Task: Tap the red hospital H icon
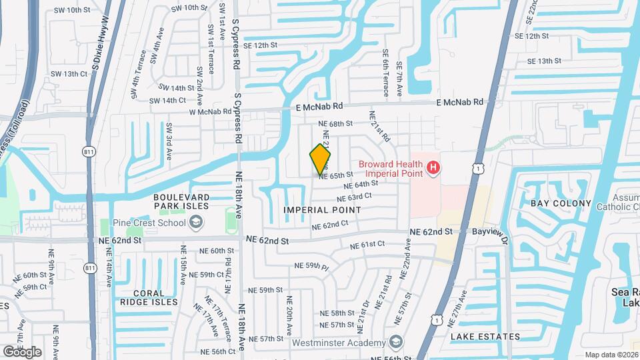coord(433,167)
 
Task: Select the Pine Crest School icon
coord(196,223)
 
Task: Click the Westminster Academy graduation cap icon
coord(397,341)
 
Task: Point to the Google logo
coord(22,351)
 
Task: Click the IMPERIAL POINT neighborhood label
coord(322,210)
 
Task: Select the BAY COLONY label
coord(561,203)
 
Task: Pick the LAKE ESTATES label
coord(485,337)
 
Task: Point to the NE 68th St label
coord(331,124)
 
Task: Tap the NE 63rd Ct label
coord(354,198)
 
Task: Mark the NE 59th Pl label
coord(312,266)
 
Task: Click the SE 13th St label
coord(544,61)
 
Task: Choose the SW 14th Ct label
coord(167,101)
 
